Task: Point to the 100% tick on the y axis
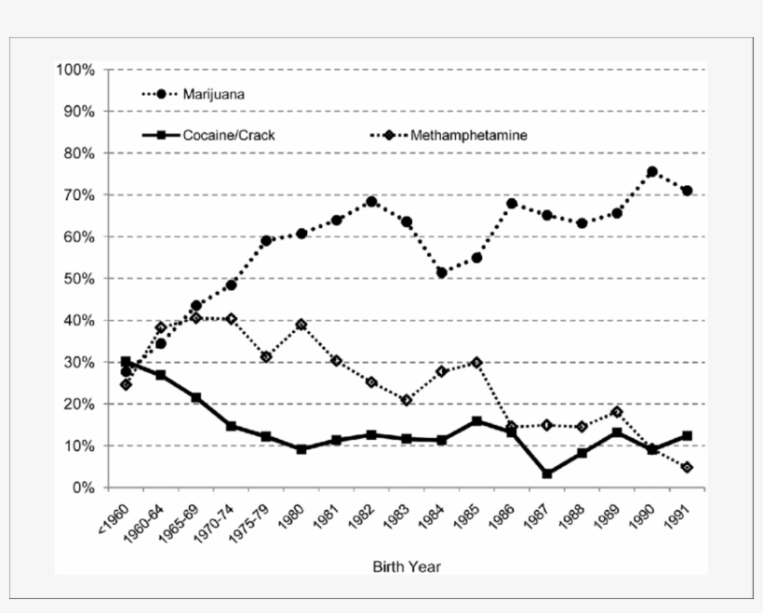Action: pos(75,70)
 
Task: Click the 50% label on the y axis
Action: pos(78,279)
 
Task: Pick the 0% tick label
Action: pos(82,488)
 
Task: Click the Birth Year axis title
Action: pos(407,566)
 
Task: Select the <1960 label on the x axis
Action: pos(114,518)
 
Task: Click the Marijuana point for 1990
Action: pos(652,172)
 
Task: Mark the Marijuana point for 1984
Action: pos(442,273)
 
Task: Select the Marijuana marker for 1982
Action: pos(371,201)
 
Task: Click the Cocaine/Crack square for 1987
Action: pos(547,474)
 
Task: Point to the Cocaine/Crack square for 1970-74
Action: pos(231,426)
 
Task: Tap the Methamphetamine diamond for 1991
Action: pos(687,467)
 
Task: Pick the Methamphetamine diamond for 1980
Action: pos(301,325)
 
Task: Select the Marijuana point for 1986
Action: pos(512,204)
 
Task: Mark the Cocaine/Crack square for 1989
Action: pos(617,433)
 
